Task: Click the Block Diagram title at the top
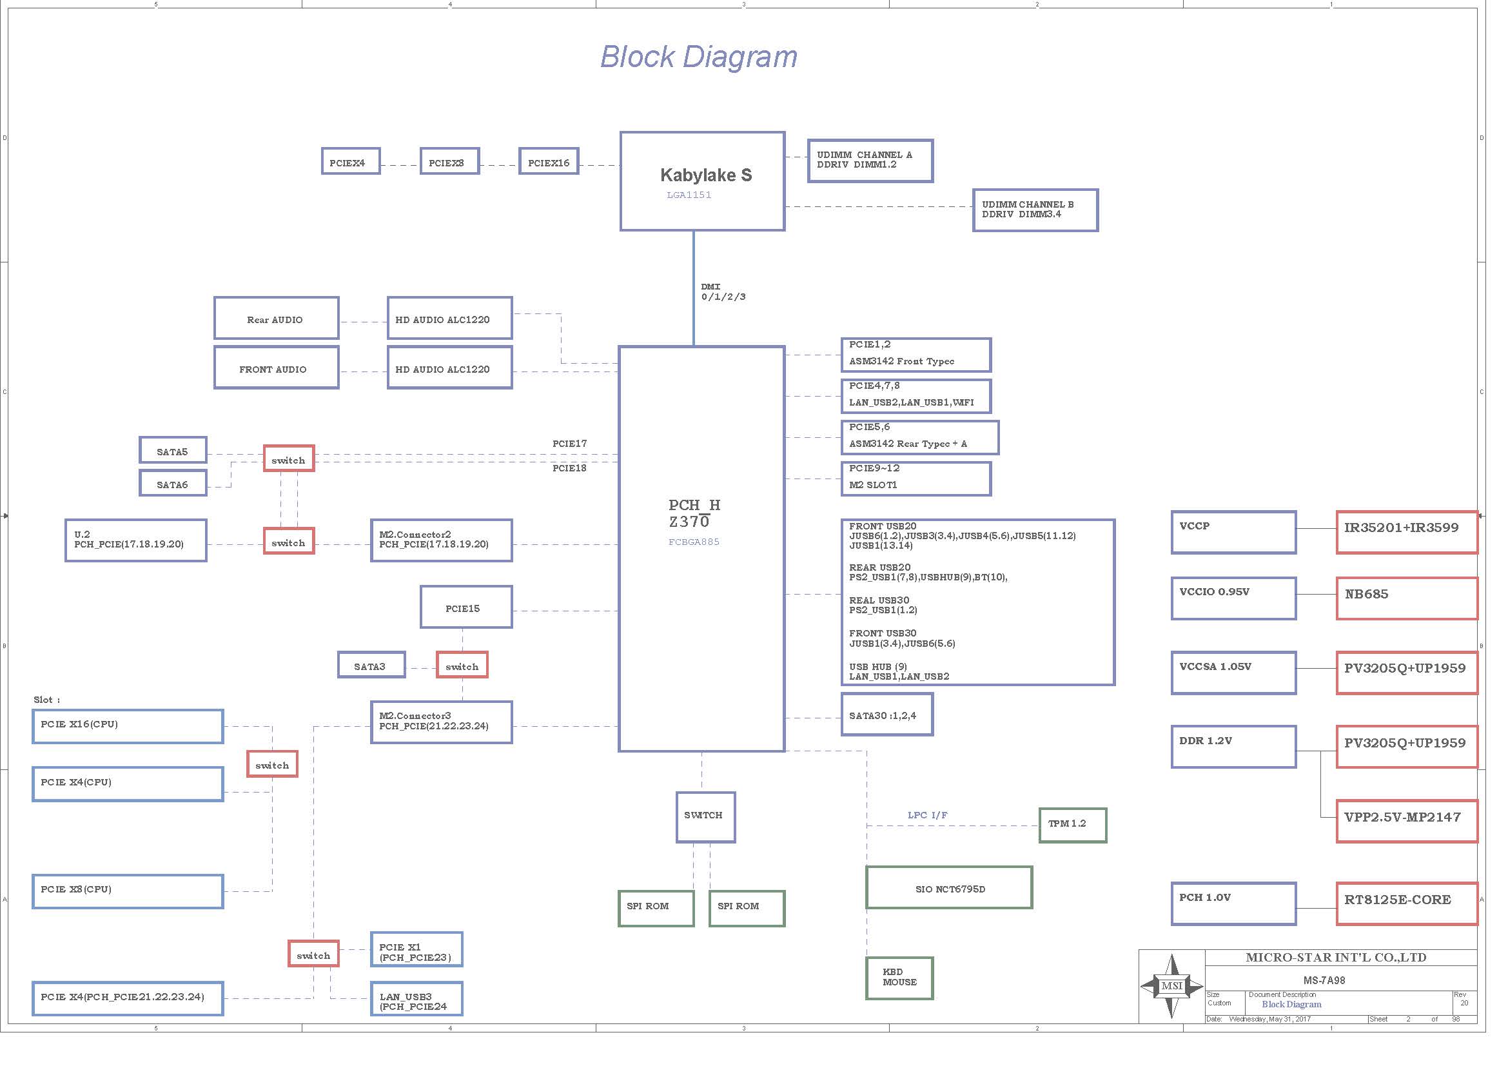(x=699, y=57)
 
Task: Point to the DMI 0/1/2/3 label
(x=723, y=291)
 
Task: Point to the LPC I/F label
(x=927, y=815)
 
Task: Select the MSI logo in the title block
(x=1171, y=986)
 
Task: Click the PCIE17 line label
(x=569, y=443)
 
